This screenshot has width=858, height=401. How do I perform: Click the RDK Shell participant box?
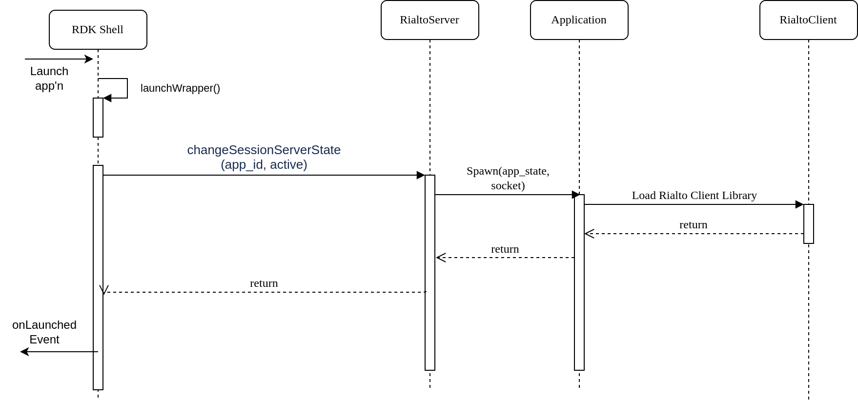click(x=98, y=30)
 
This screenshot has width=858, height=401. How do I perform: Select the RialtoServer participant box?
click(x=429, y=20)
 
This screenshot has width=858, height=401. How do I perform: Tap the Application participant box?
click(x=579, y=20)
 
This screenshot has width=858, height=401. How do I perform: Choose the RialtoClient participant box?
click(x=808, y=20)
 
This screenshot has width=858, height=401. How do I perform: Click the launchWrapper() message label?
click(x=180, y=88)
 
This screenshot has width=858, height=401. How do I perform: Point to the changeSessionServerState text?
click(x=264, y=150)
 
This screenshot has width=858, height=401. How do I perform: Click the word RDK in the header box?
click(x=81, y=30)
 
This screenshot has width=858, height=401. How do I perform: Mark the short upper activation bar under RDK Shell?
click(x=98, y=118)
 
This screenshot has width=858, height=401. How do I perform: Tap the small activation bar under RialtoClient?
click(x=809, y=223)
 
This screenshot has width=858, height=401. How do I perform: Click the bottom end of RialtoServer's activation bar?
click(x=430, y=368)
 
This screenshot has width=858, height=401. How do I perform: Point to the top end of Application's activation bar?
click(x=579, y=197)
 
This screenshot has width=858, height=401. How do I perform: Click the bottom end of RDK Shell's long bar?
click(x=98, y=387)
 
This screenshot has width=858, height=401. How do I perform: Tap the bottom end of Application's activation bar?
click(x=579, y=368)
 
